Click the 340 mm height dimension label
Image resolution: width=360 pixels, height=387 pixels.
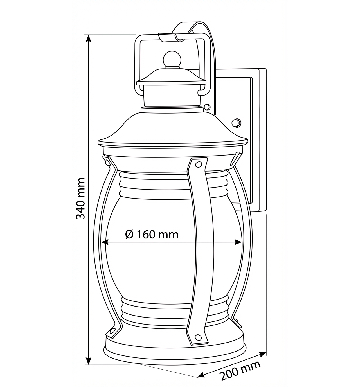pyautogui.click(x=81, y=198)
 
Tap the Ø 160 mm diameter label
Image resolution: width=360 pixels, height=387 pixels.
pyautogui.click(x=152, y=234)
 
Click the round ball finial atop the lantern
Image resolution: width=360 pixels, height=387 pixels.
pyautogui.click(x=172, y=59)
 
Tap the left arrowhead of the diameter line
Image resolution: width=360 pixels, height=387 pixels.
pyautogui.click(x=105, y=242)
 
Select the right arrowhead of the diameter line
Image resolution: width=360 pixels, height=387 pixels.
pyautogui.click(x=238, y=242)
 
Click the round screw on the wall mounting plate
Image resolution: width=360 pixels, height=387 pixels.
pyautogui.click(x=237, y=123)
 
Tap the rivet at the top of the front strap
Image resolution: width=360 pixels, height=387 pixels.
pyautogui.click(x=198, y=164)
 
